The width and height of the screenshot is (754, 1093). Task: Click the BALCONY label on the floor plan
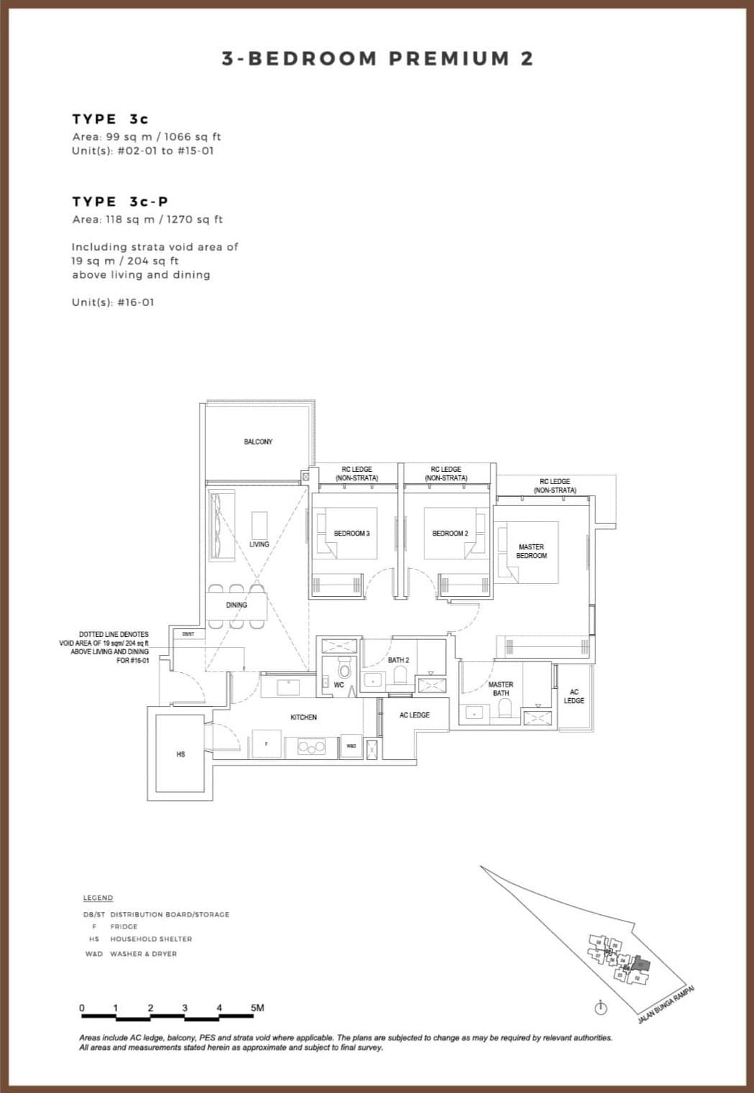pos(258,442)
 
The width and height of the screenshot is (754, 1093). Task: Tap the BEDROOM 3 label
pos(352,534)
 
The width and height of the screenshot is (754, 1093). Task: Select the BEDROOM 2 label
pos(450,534)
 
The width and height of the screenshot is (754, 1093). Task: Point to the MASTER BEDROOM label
pos(531,552)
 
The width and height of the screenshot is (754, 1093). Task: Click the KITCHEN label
pos(304,717)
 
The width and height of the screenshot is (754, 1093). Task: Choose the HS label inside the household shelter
pos(180,754)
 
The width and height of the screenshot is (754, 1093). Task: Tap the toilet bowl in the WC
pos(344,671)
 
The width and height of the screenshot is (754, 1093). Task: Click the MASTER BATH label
pos(501,689)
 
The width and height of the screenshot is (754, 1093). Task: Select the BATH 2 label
pos(399,660)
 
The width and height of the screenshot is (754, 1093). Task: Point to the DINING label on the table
pos(236,605)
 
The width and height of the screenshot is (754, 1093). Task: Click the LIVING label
pos(259,544)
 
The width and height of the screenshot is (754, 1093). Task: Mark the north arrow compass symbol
pos(602,1009)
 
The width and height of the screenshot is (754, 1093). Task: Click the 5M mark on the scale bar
pos(257,1008)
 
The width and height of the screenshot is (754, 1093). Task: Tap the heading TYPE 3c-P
pos(120,202)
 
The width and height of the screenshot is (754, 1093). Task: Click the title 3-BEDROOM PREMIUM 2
pos(378,59)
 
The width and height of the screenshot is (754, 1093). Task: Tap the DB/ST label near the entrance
pos(188,634)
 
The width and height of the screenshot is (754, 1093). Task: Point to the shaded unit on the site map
pos(641,964)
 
